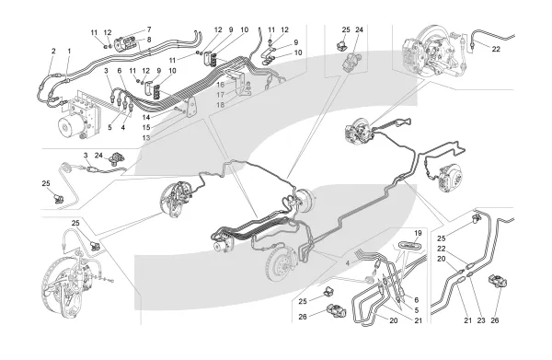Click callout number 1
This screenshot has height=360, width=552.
pos(69,52)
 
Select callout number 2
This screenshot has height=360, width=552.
pos(53,51)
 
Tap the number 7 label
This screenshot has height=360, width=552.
pos(149,29)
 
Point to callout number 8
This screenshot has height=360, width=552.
pos(149,40)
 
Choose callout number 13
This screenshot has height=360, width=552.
pos(146,138)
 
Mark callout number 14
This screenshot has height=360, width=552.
pos(146,117)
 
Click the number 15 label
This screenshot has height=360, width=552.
pos(146,127)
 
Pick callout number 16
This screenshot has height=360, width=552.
pos(221,85)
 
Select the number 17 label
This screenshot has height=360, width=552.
pos(221,95)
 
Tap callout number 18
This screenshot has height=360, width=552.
pos(221,105)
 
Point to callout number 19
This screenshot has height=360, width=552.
pos(418,233)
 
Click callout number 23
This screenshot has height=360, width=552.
pos(481,320)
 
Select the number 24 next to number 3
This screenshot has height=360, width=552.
pos(98,155)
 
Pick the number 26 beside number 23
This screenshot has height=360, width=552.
pos(495,320)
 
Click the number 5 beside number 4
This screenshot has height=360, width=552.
pos(109,127)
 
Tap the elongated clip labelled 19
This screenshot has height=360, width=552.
pos(410,245)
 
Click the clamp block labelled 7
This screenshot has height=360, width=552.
pos(127,45)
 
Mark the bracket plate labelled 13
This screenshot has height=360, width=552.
pos(192,107)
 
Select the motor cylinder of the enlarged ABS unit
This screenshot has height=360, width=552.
pos(72,127)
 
